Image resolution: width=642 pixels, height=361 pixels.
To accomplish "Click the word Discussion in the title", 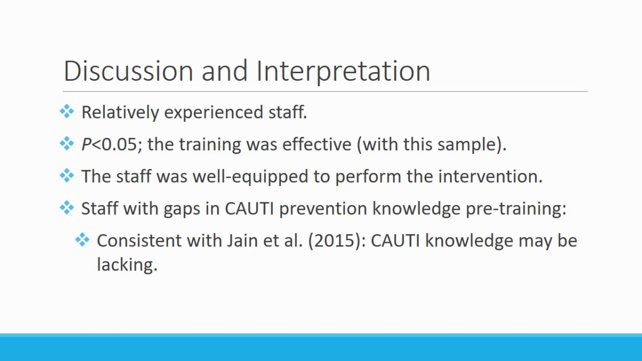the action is point(128,71).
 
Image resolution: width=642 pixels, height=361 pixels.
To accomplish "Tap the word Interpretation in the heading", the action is point(343,72).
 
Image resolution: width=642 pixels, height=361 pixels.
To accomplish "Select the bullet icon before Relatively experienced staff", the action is point(67,111).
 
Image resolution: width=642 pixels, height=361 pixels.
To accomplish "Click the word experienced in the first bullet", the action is point(213,112).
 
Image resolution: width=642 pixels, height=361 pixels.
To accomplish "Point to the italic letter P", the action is point(87,144).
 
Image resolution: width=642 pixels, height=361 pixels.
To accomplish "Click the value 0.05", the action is point(119,144).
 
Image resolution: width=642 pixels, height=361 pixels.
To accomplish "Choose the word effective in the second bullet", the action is point(317,144).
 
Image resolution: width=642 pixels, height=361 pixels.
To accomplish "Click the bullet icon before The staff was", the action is point(67,175).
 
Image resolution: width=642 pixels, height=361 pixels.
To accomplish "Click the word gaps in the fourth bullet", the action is point(182,209).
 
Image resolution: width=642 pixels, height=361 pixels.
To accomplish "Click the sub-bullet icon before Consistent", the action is point(82,240).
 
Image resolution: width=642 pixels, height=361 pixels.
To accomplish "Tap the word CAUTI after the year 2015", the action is point(395,241).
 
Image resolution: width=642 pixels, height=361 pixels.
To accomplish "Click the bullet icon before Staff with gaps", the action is point(67,208).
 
